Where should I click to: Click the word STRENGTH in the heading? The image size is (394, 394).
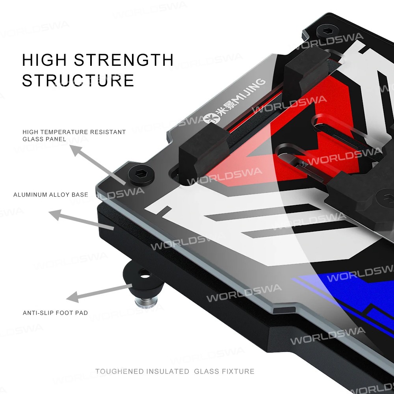pyautogui.click(x=124, y=60)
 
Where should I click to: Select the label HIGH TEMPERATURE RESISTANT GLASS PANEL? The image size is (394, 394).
pyautogui.click(x=74, y=135)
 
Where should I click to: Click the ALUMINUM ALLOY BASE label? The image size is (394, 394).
pyautogui.click(x=50, y=195)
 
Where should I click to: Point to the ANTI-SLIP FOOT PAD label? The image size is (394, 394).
pyautogui.click(x=55, y=313)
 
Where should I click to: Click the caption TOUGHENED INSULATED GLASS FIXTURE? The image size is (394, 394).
pyautogui.click(x=175, y=371)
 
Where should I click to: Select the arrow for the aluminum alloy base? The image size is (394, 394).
pyautogui.click(x=81, y=221)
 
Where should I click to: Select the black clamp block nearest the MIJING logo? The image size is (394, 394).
pyautogui.click(x=203, y=154)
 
